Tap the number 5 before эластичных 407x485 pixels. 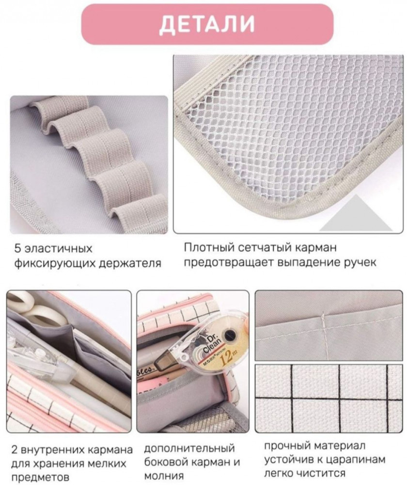tap(18, 249)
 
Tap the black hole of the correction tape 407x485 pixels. tap(230, 335)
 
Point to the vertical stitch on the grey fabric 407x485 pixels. tap(323, 334)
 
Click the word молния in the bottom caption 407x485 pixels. tap(164, 475)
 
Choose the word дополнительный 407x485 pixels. tap(190, 449)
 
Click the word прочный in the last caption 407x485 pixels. tap(287, 446)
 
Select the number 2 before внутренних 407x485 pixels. tap(14, 450)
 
